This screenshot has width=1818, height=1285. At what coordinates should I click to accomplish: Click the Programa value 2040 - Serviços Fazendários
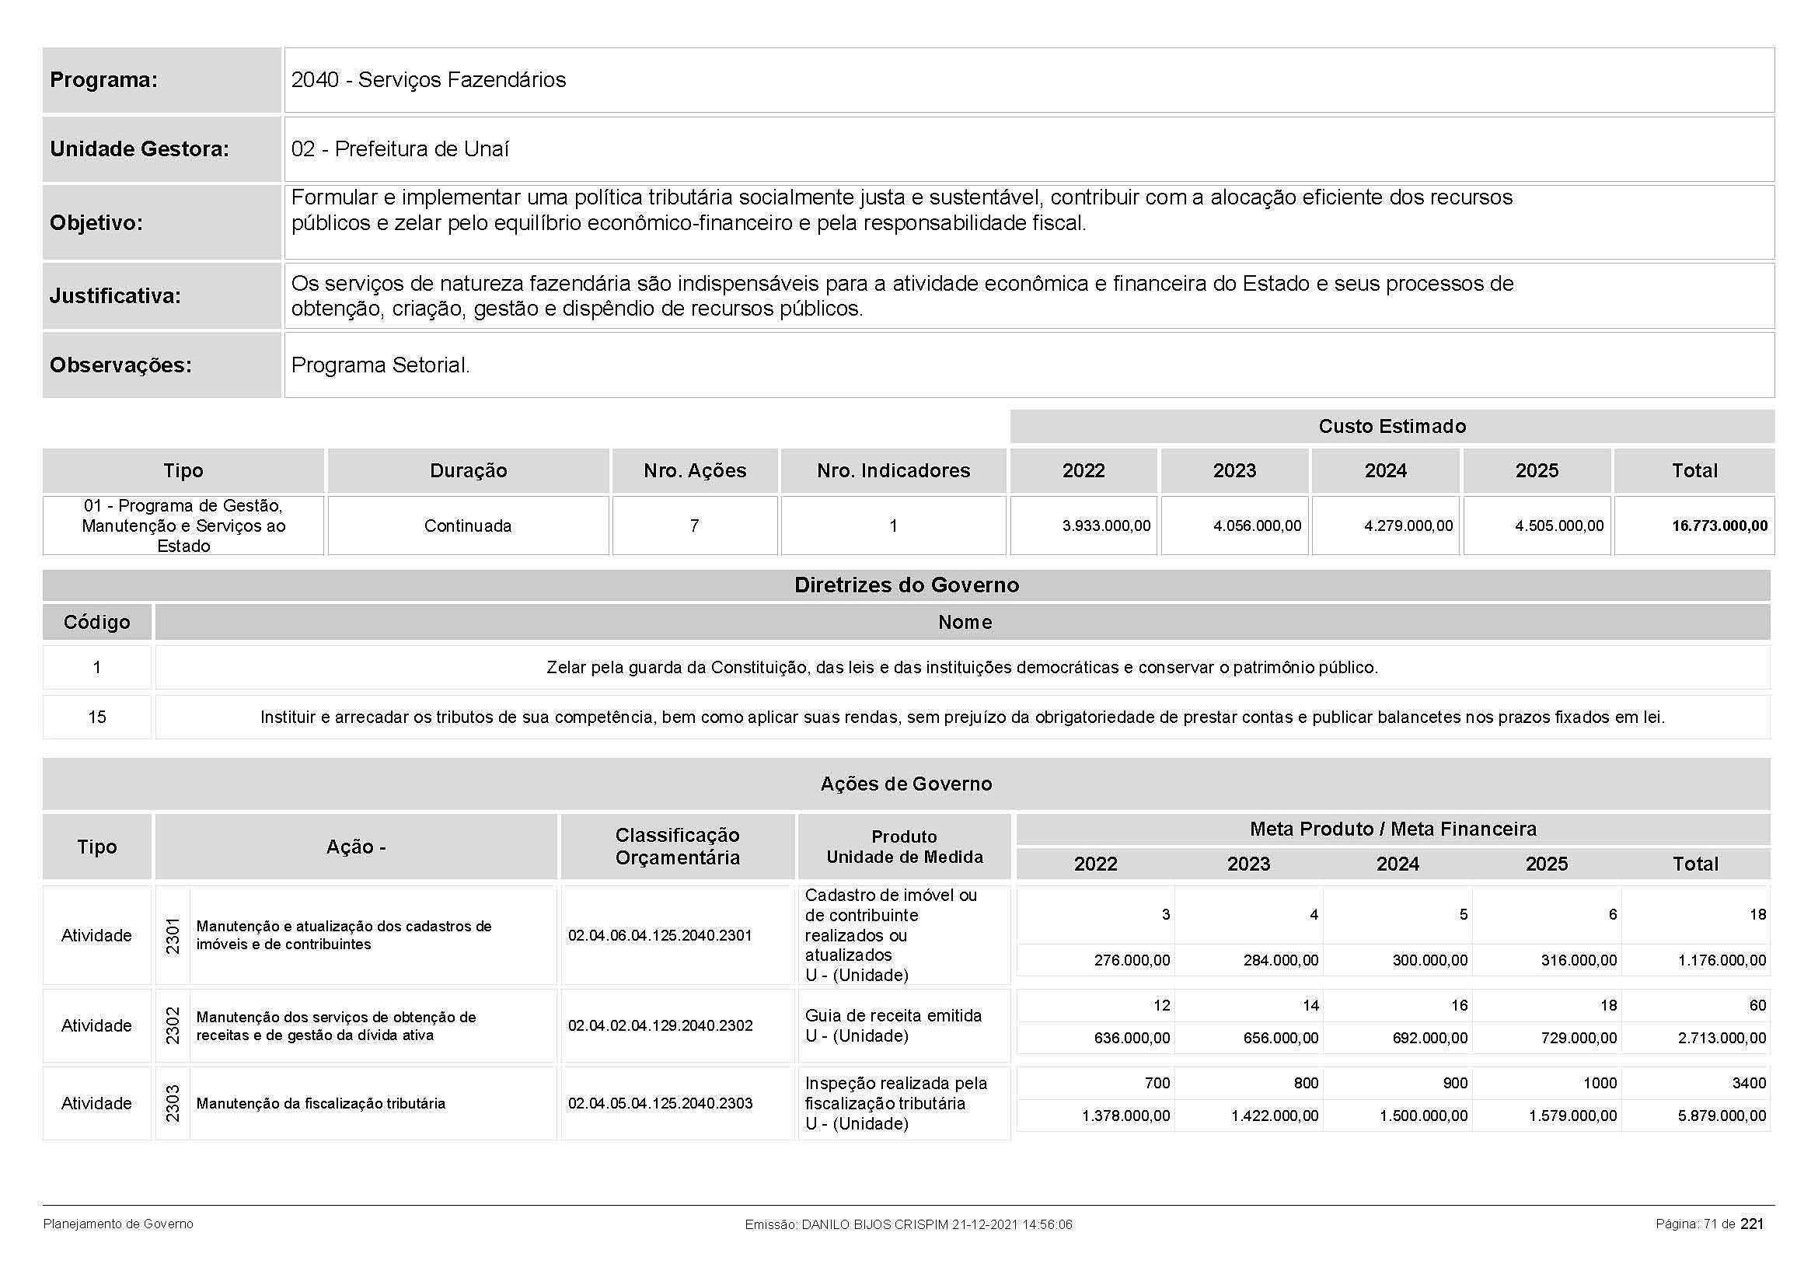428,80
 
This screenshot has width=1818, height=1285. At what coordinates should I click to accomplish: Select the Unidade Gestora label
139,148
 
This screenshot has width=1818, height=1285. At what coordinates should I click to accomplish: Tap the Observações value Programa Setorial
380,365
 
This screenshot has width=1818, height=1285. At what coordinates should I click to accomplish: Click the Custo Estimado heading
1391,426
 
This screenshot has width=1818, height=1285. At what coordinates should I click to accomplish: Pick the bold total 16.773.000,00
1719,526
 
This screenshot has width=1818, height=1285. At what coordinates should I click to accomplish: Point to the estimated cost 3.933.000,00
1105,526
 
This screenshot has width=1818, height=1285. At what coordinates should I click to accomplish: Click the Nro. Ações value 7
694,526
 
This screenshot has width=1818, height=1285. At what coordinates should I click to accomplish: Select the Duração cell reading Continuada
467,526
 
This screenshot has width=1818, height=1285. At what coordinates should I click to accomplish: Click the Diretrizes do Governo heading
906,585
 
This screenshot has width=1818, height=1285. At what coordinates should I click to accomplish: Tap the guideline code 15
96,718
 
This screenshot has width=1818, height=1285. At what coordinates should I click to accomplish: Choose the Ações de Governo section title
906,784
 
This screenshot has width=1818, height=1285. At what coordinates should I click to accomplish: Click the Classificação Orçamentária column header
677,847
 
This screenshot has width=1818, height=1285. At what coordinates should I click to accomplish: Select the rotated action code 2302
173,1025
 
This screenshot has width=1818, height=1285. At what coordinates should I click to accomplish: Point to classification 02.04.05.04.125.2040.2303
660,1103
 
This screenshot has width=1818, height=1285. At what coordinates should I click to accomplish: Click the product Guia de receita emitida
893,1016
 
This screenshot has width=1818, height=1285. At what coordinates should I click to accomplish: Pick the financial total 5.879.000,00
1722,1116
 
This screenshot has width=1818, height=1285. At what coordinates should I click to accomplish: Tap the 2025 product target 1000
1600,1083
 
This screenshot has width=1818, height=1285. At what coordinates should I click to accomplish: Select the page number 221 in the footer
1751,1224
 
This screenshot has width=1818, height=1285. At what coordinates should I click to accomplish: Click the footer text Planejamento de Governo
118,1224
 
